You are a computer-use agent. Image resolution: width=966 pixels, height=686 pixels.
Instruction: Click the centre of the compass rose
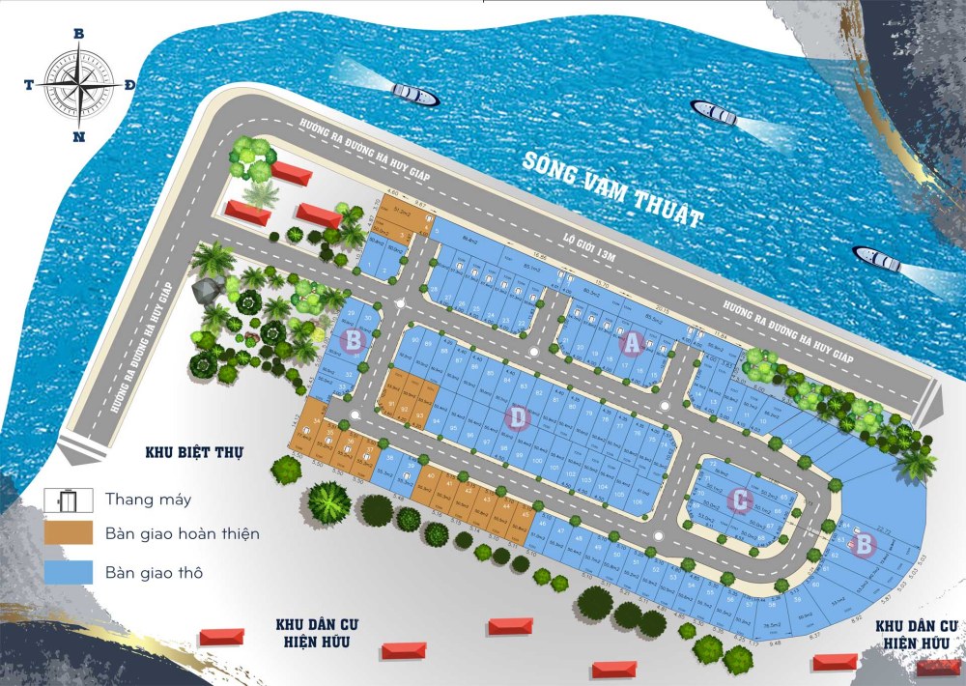click(x=78, y=84)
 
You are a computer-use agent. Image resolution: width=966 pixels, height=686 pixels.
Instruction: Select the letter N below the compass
click(x=78, y=136)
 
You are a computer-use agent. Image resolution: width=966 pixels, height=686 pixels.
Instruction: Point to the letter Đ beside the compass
click(x=129, y=85)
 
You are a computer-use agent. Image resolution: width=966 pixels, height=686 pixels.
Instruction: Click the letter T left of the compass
click(x=29, y=85)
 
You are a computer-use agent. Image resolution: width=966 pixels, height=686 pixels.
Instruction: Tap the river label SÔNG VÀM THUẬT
click(x=610, y=188)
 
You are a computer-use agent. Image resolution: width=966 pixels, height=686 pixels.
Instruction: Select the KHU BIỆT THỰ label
click(x=194, y=451)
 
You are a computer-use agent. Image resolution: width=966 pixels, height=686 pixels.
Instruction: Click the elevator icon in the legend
click(x=68, y=500)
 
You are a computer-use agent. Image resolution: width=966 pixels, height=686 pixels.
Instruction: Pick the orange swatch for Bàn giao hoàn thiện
click(x=68, y=532)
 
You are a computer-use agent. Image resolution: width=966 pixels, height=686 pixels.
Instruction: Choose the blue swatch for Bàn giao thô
click(x=68, y=571)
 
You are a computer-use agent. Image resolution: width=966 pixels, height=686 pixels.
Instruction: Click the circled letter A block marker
click(x=632, y=342)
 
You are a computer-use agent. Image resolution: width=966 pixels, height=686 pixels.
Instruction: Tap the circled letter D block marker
click(x=519, y=417)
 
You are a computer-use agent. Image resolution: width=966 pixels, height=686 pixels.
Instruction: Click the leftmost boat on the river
click(x=415, y=95)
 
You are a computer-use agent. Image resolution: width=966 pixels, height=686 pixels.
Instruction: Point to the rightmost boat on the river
click(x=876, y=258)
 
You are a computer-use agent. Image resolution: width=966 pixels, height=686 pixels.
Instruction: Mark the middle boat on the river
click(x=714, y=113)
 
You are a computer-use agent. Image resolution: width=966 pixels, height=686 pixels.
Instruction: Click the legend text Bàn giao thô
click(x=155, y=572)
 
